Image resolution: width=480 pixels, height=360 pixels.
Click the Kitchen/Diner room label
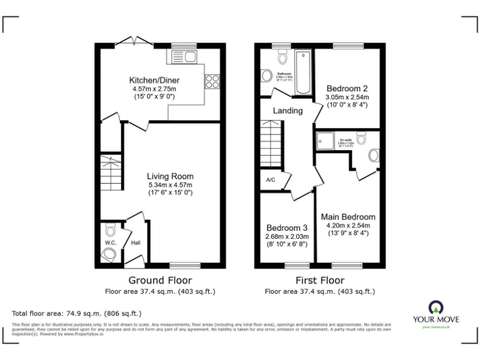tap(152, 81)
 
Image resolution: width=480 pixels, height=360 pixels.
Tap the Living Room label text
tap(170, 176)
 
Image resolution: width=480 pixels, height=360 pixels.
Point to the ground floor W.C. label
tap(110, 242)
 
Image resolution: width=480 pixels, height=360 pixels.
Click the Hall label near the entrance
tap(135, 242)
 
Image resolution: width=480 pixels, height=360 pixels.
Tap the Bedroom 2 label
tap(347, 88)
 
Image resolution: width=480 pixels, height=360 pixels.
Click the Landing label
tap(287, 111)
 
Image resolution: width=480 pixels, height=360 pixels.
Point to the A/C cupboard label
tap(271, 180)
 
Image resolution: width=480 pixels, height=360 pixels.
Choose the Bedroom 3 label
tap(287, 227)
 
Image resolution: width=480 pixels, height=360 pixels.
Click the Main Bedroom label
tap(348, 217)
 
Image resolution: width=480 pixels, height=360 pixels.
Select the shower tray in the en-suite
tap(326, 142)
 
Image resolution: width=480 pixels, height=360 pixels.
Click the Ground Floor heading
tap(160, 280)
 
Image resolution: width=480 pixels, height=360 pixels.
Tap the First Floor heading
tap(319, 280)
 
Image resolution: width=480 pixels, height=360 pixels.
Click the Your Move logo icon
tap(436, 307)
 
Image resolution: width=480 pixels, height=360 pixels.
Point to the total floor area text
tap(77, 313)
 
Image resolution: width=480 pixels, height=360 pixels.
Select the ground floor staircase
tap(111, 173)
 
